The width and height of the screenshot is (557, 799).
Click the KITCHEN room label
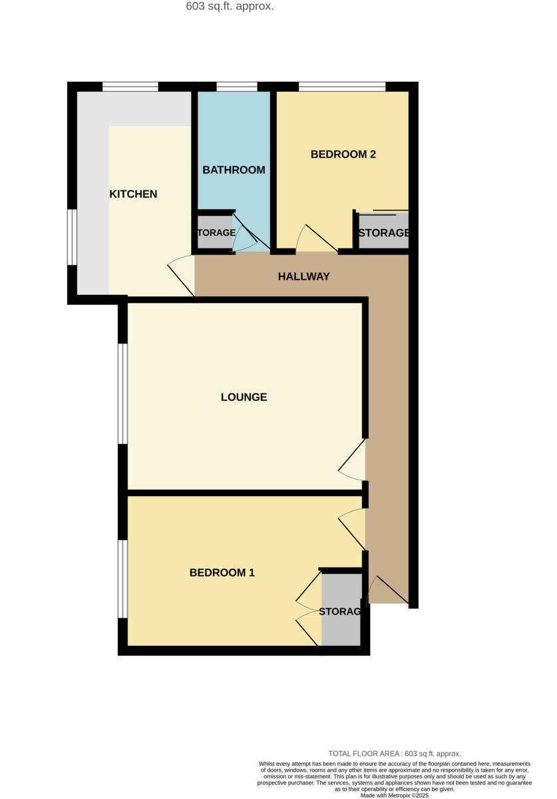tap(133, 194)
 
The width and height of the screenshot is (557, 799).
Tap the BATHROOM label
tap(234, 170)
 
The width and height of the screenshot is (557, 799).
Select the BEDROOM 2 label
tap(343, 154)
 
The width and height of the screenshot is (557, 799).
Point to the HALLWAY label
tap(304, 276)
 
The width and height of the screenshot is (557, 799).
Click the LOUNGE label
tap(244, 398)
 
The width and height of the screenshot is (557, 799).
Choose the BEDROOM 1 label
tap(222, 573)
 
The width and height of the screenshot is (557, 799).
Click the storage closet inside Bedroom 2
tap(383, 233)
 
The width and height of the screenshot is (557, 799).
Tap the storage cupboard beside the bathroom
tap(214, 233)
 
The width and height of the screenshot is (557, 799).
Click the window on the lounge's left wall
tap(122, 393)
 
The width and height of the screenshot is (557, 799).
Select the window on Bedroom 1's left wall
tap(122, 578)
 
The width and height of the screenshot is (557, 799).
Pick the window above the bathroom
tap(237, 86)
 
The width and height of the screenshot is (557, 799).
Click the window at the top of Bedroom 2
tap(342, 86)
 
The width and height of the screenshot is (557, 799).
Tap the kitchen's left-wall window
tap(72, 237)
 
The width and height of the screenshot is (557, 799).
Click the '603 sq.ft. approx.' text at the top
tap(230, 7)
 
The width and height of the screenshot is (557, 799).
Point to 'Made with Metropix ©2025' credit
tap(395, 795)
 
